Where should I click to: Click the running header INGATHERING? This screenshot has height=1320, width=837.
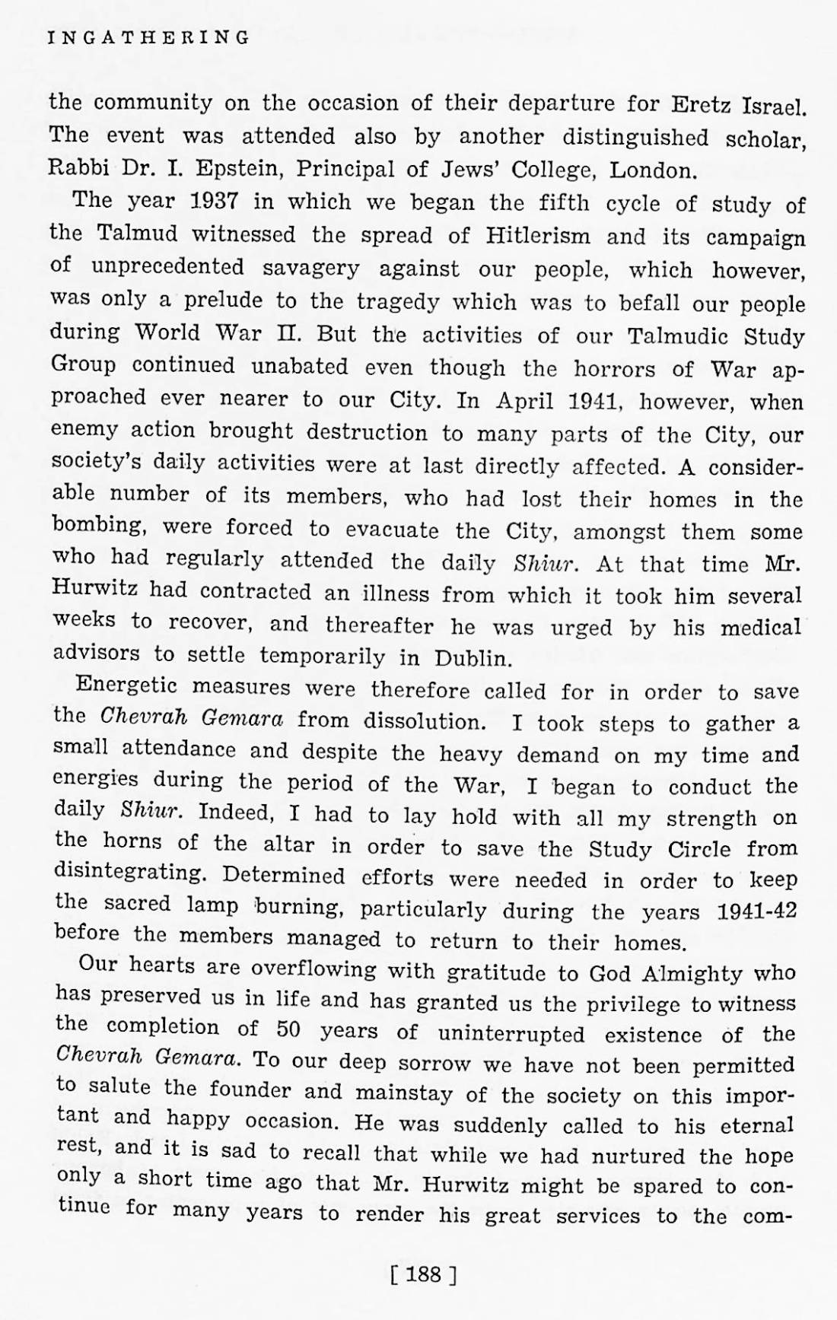click(x=148, y=37)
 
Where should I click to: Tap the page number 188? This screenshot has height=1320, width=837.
click(x=423, y=1274)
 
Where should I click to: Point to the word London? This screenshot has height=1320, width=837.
click(x=654, y=170)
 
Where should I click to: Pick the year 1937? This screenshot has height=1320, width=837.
click(x=215, y=202)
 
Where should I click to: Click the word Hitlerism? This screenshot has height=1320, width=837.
click(x=538, y=235)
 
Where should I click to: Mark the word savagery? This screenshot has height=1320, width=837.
click(x=311, y=268)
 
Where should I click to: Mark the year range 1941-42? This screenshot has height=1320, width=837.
click(x=756, y=911)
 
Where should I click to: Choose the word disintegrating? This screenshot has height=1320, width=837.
click(x=130, y=873)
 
